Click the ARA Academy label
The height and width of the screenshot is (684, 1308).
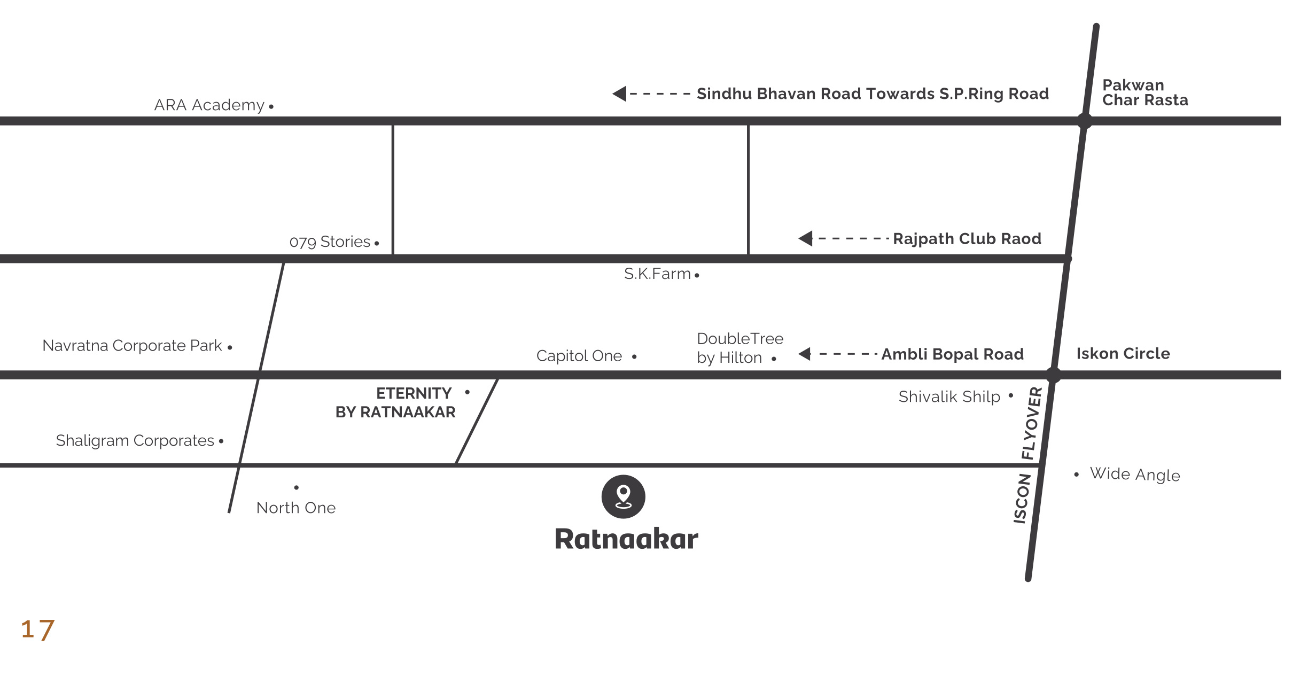[209, 105]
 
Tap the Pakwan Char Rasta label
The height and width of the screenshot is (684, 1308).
[1144, 93]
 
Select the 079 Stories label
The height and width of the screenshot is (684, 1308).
[330, 242]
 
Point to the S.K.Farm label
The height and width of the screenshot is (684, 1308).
[657, 274]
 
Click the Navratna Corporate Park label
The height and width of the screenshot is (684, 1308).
[132, 346]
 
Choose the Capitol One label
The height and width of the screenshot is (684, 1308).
[579, 356]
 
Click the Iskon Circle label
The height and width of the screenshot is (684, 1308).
[1123, 354]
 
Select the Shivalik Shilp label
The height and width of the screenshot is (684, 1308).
[949, 397]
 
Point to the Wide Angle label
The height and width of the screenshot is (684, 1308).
[1134, 475]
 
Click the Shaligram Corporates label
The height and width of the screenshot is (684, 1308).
[135, 441]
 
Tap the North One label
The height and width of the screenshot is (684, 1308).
[296, 508]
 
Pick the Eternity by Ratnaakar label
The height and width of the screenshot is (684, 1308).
[396, 403]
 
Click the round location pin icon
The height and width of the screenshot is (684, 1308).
[623, 496]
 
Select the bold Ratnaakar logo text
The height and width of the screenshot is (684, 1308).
[626, 539]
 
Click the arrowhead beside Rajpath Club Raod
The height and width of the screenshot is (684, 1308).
[806, 238]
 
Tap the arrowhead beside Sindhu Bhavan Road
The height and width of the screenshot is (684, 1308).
[620, 94]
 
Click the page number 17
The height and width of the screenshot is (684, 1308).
[37, 629]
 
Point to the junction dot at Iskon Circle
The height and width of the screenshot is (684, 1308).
[1053, 375]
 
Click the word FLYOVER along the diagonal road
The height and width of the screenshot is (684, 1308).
[1032, 423]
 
